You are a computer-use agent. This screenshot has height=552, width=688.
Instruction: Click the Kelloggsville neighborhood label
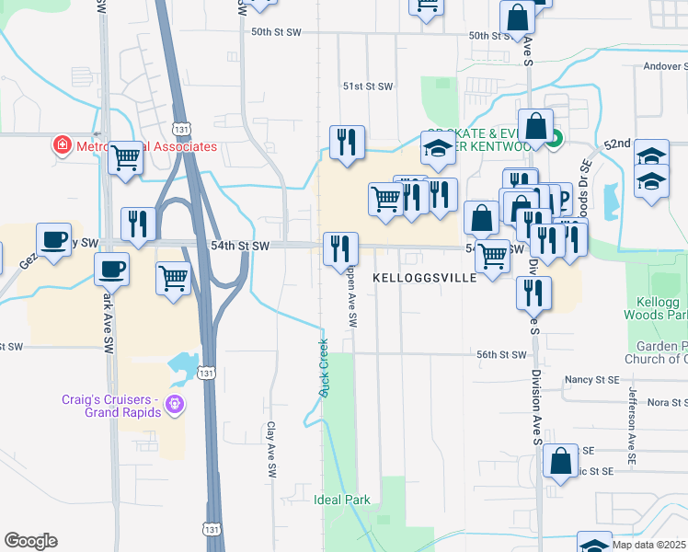coord(425,277)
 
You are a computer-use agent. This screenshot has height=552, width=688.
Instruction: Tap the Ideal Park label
coord(342,500)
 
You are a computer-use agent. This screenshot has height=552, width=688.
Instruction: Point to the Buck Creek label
coord(324,368)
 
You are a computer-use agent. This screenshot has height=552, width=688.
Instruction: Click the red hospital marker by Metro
coord(62,145)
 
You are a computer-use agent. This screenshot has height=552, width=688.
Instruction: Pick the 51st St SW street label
coord(368,86)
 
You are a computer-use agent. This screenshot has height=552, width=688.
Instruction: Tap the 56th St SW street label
coord(500,354)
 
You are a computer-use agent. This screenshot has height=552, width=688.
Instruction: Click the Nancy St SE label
coord(591,379)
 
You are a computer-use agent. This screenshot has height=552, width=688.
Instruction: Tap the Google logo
coord(30,541)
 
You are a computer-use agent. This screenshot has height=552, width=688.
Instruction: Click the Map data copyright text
coord(648,545)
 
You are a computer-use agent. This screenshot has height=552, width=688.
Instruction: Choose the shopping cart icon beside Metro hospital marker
coord(125,157)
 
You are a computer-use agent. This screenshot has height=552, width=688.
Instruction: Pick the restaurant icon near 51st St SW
coord(347,142)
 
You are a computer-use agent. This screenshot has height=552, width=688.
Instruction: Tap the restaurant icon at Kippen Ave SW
coord(339,247)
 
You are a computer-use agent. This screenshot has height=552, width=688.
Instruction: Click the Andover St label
coord(665,65)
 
